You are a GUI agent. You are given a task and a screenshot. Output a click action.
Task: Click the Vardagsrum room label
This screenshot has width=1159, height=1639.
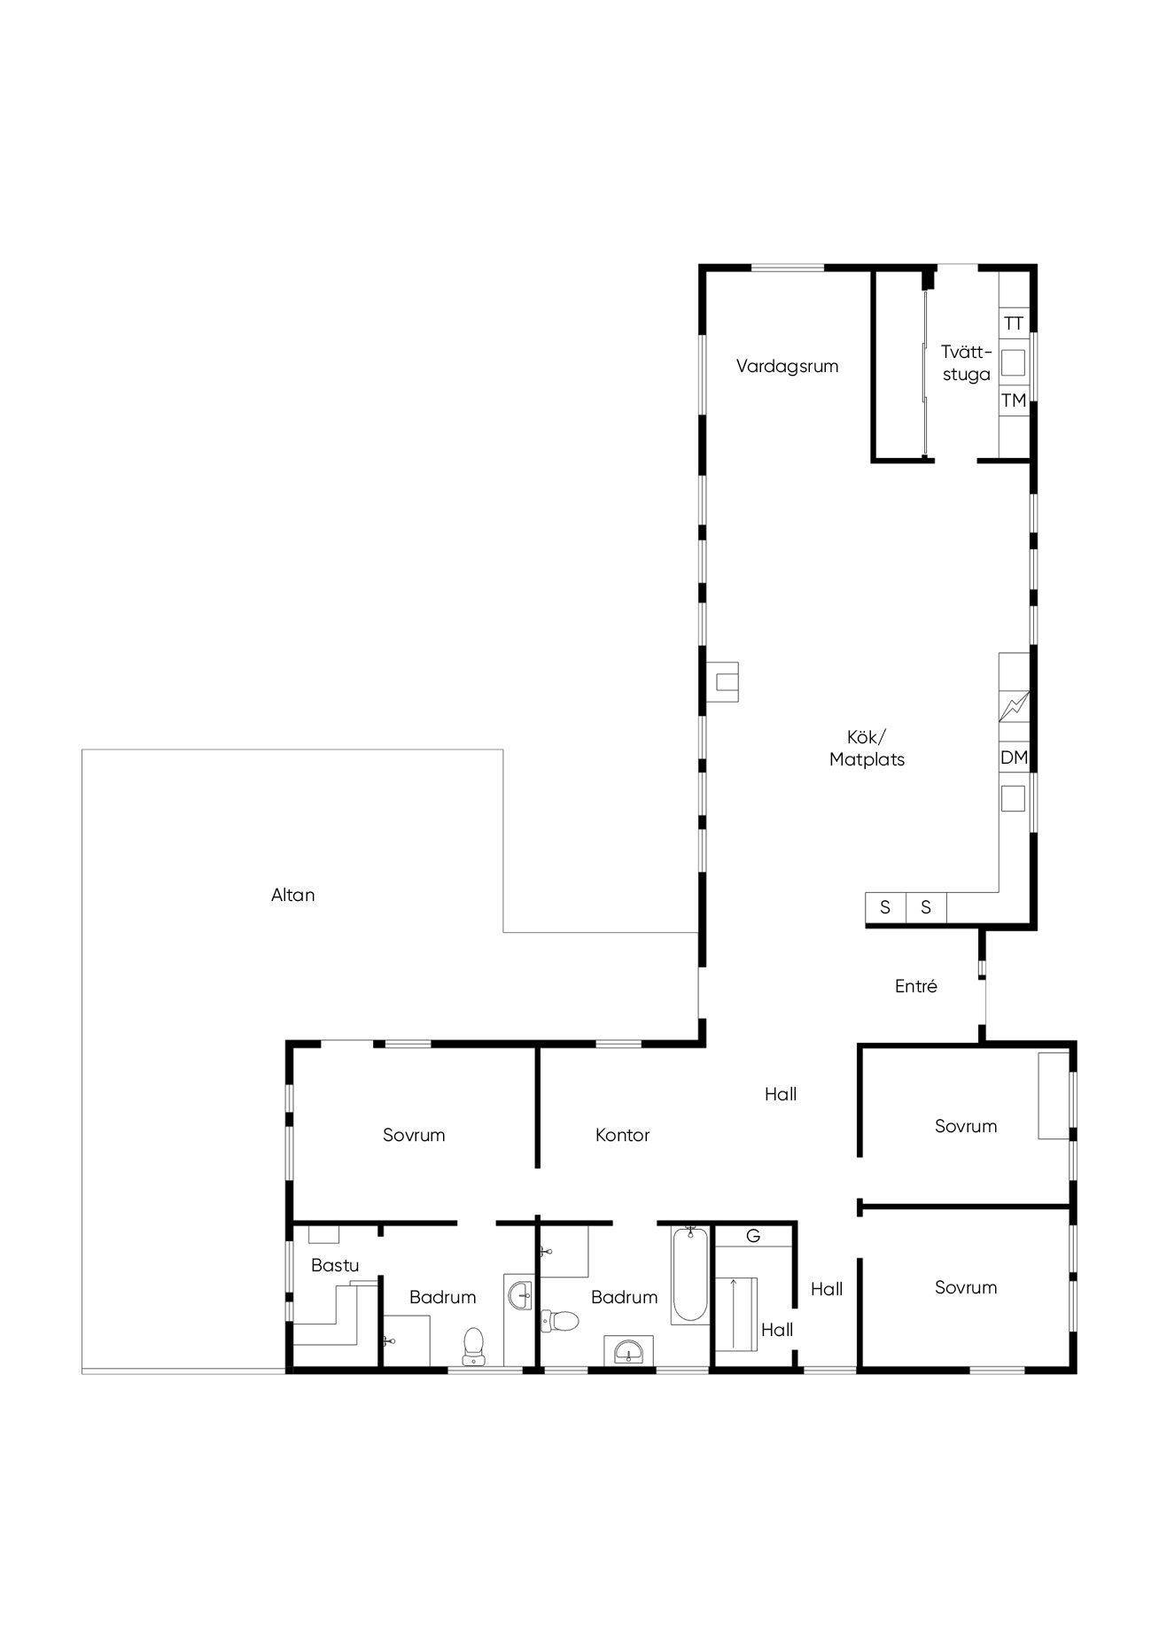click(787, 366)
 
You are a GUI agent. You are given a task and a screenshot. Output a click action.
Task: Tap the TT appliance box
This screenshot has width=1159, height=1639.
click(1014, 323)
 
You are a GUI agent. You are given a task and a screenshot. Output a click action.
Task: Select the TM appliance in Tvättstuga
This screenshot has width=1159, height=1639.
click(1014, 400)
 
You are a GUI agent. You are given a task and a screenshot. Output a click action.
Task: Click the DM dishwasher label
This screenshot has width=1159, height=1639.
click(1014, 757)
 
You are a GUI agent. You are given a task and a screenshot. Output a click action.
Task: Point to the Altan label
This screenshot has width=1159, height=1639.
click(293, 895)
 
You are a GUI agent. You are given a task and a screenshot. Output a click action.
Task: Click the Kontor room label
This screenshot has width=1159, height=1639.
click(623, 1135)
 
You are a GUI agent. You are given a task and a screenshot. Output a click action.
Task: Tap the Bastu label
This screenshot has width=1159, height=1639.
click(335, 1265)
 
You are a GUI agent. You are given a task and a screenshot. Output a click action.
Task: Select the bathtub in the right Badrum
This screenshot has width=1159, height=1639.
click(690, 1275)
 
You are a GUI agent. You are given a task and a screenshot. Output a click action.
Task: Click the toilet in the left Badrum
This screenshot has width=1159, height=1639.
click(474, 1346)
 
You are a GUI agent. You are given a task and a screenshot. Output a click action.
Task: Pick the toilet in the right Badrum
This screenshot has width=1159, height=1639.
click(560, 1321)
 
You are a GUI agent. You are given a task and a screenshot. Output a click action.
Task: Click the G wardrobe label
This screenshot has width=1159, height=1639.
click(753, 1236)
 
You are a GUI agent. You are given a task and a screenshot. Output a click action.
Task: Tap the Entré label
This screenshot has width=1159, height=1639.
click(916, 986)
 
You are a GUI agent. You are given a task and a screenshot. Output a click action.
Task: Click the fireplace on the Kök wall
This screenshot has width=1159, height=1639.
click(722, 682)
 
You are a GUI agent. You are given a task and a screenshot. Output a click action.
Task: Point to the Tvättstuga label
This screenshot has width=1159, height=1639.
click(967, 363)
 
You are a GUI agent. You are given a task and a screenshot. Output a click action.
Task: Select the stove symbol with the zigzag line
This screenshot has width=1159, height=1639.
click(1015, 706)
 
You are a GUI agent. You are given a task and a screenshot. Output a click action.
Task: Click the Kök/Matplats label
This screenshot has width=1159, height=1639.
click(867, 749)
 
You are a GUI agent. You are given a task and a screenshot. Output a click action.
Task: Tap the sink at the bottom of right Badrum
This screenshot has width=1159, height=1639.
click(629, 1352)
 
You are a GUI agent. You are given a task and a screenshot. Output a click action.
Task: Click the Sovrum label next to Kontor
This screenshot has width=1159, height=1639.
click(414, 1135)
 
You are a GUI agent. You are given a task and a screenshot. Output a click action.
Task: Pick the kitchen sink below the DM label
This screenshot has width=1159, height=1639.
click(1013, 798)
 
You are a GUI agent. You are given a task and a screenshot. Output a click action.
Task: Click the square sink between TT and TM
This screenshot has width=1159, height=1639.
click(1013, 361)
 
